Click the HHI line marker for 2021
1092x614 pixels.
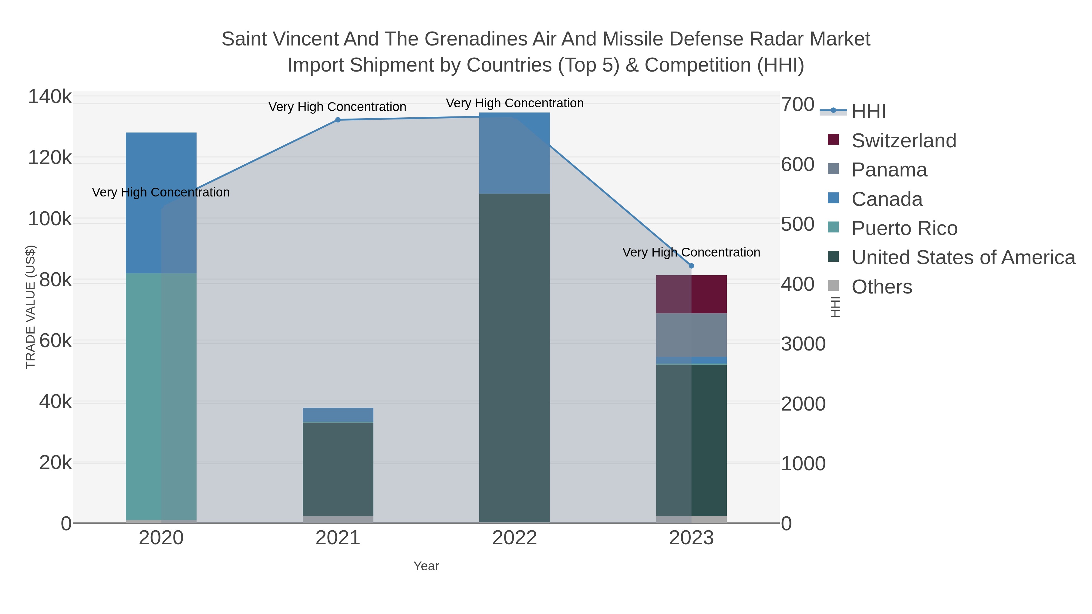(338, 120)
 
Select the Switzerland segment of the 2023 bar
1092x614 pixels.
(691, 294)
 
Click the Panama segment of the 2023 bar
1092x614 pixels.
(691, 335)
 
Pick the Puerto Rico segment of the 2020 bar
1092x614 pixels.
(161, 396)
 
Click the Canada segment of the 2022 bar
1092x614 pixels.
(515, 153)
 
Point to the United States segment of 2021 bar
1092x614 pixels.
(338, 469)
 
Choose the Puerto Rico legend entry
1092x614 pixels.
(904, 228)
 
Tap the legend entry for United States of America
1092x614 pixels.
(963, 258)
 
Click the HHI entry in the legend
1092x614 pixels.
(868, 112)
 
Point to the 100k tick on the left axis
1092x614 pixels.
(50, 219)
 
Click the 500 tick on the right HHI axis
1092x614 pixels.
(797, 225)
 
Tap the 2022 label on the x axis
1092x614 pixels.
(515, 538)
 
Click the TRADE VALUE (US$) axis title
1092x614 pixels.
(31, 307)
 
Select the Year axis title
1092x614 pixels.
(426, 566)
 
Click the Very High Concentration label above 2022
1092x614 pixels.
(515, 103)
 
